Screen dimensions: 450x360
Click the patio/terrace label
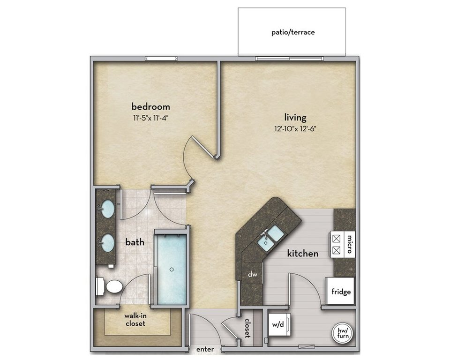point(293,32)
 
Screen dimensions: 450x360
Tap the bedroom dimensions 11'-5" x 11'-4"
point(150,118)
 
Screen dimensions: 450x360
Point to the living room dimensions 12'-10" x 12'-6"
point(295,129)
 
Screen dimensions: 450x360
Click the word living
point(295,117)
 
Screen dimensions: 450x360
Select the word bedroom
point(150,106)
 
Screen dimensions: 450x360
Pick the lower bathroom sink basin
point(108,243)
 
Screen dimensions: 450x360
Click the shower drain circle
point(172,269)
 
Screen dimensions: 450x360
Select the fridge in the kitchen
point(340,291)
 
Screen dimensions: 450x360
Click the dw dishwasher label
point(253,274)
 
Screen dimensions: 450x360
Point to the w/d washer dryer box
point(279,325)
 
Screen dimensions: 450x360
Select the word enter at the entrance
point(205,349)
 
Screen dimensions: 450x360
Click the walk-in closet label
point(135,320)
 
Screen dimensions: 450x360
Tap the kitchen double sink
point(270,237)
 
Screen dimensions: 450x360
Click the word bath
point(135,242)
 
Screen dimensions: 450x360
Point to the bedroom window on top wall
point(161,59)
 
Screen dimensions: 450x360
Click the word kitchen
point(303,254)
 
